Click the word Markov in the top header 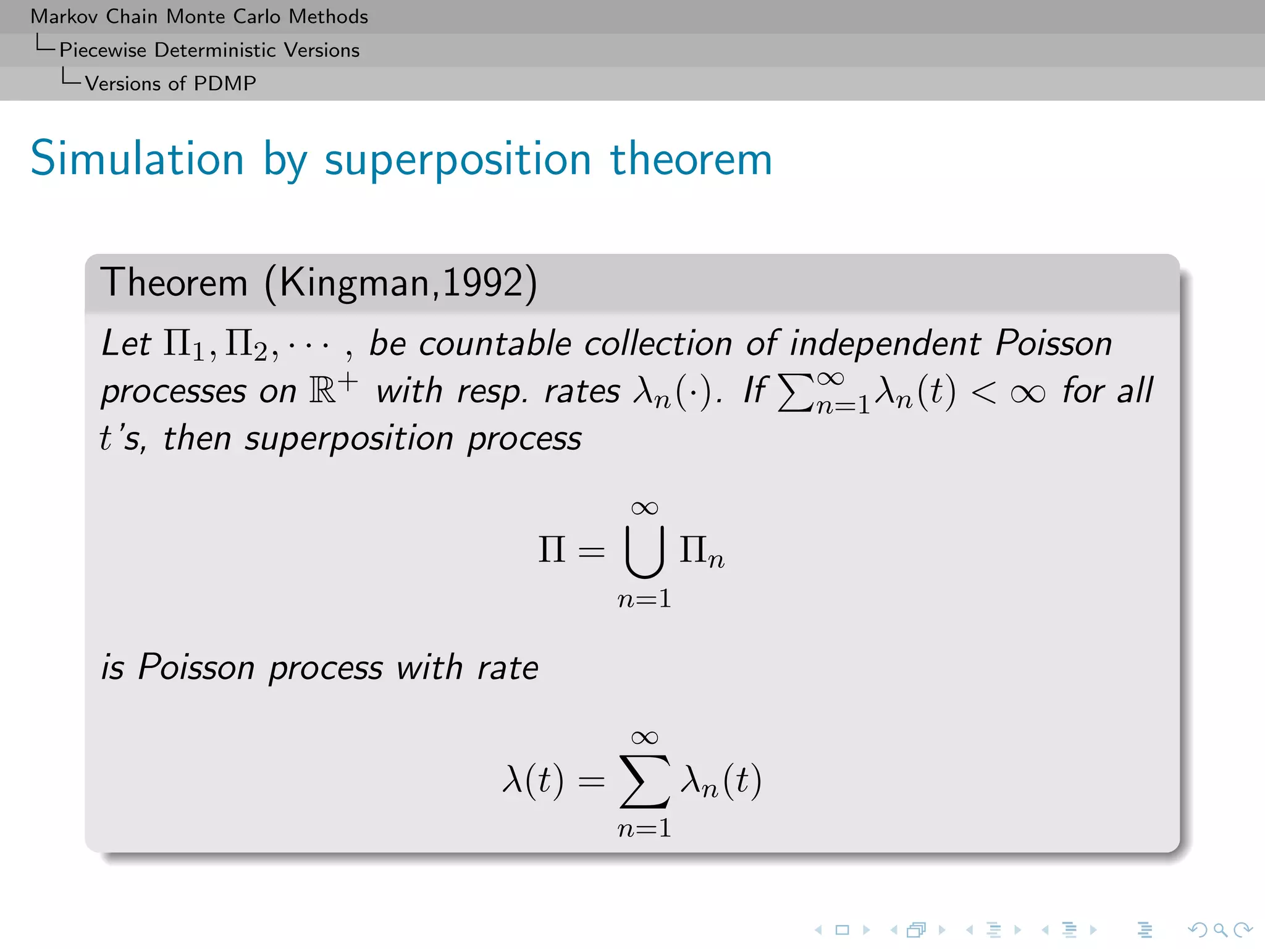click(x=64, y=17)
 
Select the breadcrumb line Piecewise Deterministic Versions click(x=209, y=50)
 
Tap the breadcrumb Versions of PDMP click(x=170, y=83)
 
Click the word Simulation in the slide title click(x=137, y=159)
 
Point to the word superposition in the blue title click(x=458, y=160)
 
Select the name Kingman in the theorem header click(x=355, y=283)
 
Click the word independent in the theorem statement click(x=885, y=344)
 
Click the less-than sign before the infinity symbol click(x=983, y=392)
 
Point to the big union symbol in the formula click(x=644, y=551)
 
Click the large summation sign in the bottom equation click(x=644, y=782)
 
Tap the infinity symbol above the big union click(x=644, y=508)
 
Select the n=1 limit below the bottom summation click(x=644, y=828)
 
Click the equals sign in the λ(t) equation click(x=591, y=782)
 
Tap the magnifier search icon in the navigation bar click(x=1220, y=930)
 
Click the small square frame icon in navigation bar click(x=842, y=930)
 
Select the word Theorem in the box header click(x=174, y=283)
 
